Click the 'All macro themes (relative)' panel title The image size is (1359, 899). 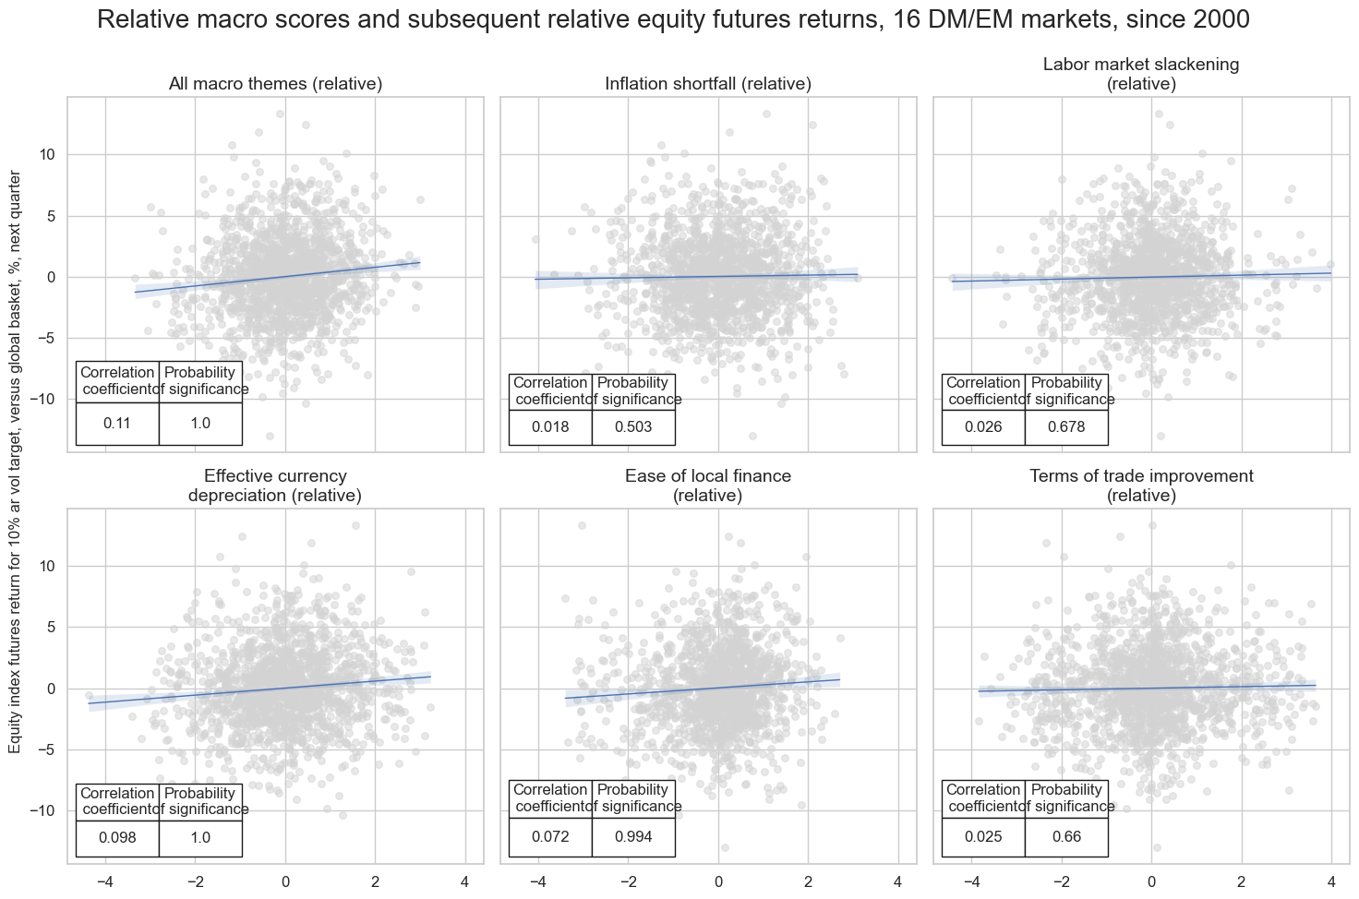(x=275, y=84)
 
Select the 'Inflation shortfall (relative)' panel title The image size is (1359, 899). (x=708, y=84)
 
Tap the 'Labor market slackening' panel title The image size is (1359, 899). (x=1141, y=74)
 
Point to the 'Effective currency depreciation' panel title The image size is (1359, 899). (x=275, y=485)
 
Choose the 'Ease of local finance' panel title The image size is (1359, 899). (x=708, y=485)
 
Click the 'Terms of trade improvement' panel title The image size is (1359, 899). (x=1141, y=485)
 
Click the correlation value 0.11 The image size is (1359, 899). (x=117, y=424)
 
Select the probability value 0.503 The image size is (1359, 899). (x=633, y=427)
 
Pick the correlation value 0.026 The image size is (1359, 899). (x=983, y=427)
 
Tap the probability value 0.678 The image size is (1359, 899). (x=1066, y=427)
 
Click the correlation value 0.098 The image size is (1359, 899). (x=117, y=838)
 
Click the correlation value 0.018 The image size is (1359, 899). (x=550, y=427)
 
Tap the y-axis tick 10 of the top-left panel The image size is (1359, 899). (x=47, y=154)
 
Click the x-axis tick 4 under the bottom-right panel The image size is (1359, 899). (x=1330, y=881)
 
